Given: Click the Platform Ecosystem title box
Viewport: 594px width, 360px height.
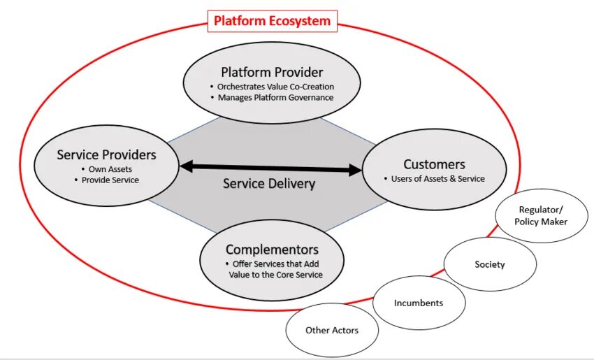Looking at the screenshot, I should tap(272, 21).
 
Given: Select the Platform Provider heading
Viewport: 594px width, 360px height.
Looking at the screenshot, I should tap(272, 72).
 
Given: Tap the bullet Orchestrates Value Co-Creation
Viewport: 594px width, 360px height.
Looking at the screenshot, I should tap(275, 87).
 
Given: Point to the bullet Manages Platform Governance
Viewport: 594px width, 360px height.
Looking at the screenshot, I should tap(275, 97).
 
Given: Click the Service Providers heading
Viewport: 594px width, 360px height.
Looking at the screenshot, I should tap(106, 154).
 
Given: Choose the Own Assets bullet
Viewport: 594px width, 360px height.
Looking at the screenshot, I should tap(110, 169).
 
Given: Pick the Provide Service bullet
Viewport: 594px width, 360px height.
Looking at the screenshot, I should tap(110, 180).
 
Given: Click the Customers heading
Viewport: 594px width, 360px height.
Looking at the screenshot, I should tap(434, 164).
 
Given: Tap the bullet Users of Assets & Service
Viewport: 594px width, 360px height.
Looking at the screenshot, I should tap(433, 178).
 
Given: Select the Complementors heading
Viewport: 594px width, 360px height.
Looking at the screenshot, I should tap(272, 250).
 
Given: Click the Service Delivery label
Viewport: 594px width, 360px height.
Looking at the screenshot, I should tap(269, 184).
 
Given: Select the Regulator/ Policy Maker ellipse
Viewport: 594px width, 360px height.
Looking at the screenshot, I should tap(541, 215).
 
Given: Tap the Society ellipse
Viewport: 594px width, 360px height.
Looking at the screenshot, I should tap(489, 264).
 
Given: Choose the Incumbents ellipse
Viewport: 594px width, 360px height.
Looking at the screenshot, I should tap(419, 303).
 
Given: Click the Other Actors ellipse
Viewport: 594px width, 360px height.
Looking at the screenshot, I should tap(332, 330).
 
